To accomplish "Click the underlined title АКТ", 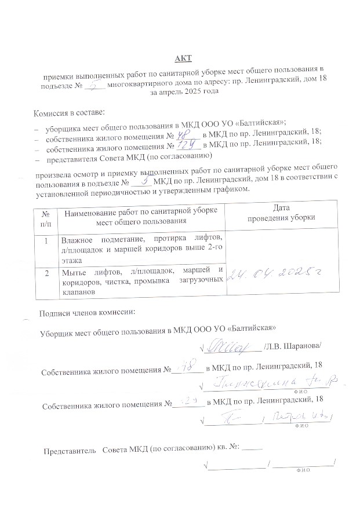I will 183,59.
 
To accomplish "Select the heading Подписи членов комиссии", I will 87,313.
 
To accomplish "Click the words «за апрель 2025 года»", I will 184,93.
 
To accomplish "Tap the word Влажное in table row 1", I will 78,239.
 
